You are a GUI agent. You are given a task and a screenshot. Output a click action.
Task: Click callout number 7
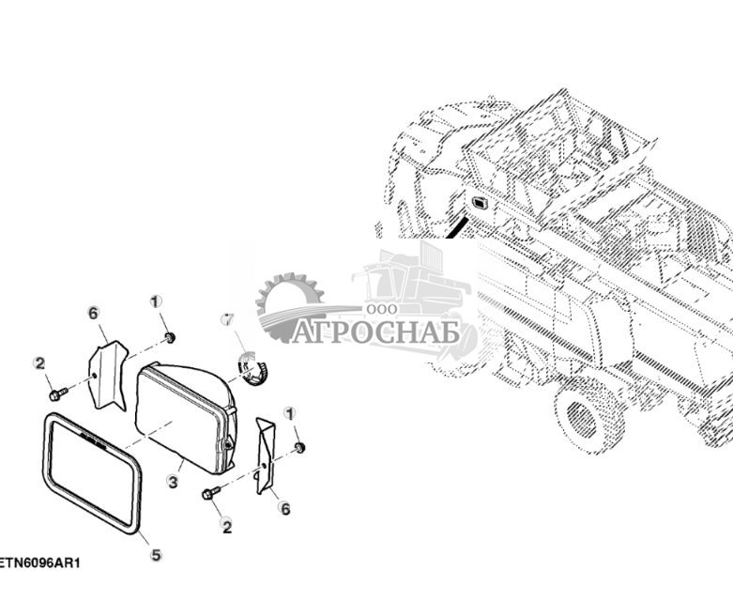tap(226, 320)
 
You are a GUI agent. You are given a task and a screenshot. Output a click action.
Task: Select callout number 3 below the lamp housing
tap(173, 481)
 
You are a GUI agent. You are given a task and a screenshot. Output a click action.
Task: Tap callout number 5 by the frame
tap(156, 555)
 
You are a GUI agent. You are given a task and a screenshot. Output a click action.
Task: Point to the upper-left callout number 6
tap(93, 313)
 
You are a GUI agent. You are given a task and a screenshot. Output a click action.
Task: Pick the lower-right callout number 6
tap(284, 509)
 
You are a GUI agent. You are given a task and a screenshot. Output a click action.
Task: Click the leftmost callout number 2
tap(39, 363)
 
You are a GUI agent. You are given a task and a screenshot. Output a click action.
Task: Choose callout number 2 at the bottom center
tap(226, 527)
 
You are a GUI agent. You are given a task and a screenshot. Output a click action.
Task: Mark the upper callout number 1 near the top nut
tap(156, 301)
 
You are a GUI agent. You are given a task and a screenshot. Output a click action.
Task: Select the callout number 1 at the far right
tap(290, 413)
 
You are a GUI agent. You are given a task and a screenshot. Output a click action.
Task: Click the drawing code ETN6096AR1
tap(39, 563)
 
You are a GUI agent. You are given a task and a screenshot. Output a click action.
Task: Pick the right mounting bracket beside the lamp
tap(265, 455)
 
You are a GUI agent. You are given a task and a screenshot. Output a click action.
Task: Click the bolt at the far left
tap(60, 388)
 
